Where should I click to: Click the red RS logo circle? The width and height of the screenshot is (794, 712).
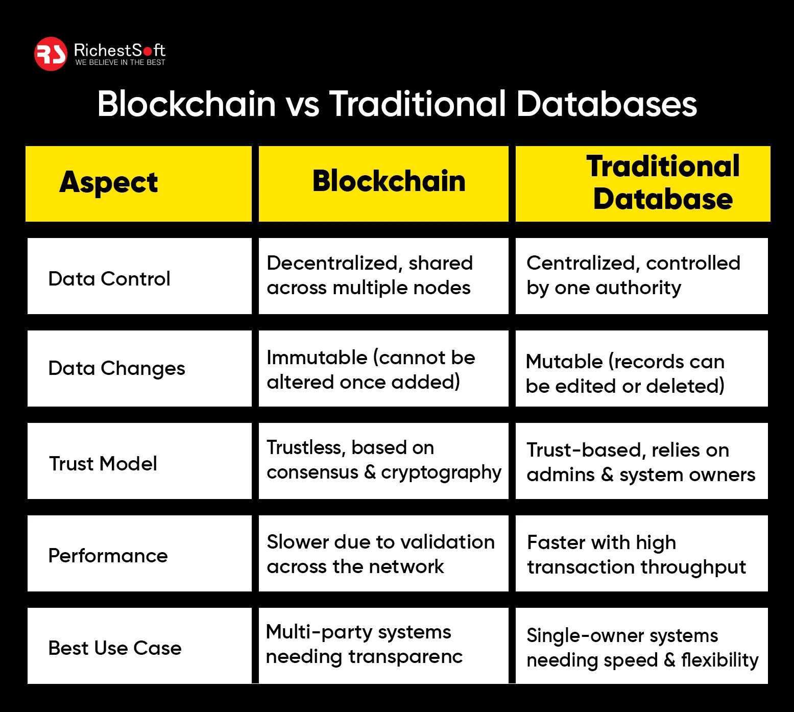click(51, 54)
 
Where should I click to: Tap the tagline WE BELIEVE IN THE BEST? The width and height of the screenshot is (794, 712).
click(120, 62)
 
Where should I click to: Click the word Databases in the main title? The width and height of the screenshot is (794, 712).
click(606, 104)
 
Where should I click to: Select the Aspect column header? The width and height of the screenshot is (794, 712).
click(108, 182)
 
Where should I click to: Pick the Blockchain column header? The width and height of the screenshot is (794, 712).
click(389, 182)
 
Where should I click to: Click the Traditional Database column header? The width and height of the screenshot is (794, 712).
click(663, 182)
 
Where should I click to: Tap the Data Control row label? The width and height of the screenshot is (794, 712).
click(109, 279)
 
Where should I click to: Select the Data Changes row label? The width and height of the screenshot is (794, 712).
click(116, 368)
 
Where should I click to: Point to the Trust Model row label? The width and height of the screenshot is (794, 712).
click(103, 464)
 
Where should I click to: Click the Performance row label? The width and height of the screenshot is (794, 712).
click(108, 556)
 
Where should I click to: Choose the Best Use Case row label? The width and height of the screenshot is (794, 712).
click(115, 648)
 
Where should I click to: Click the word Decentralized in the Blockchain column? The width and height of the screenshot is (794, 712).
click(332, 263)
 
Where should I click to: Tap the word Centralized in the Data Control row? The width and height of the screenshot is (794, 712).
click(583, 263)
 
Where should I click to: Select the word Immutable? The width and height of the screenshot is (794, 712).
click(317, 358)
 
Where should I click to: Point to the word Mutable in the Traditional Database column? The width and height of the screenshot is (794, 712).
click(564, 362)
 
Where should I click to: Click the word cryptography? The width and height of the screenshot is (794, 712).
click(441, 473)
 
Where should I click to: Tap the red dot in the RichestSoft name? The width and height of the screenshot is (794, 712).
click(148, 51)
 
